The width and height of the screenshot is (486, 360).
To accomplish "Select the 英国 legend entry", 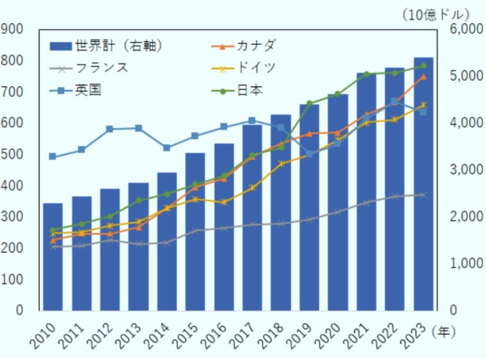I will coord(88,90).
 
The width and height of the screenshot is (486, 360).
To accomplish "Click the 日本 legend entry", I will coord(250,90).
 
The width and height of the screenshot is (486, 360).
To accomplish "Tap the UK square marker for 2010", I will coord(53,157).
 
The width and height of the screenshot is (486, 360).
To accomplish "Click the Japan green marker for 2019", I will coord(309,103).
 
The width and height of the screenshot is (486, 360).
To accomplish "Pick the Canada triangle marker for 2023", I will coord(423,77).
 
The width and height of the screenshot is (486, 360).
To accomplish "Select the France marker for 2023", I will coord(423,195).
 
